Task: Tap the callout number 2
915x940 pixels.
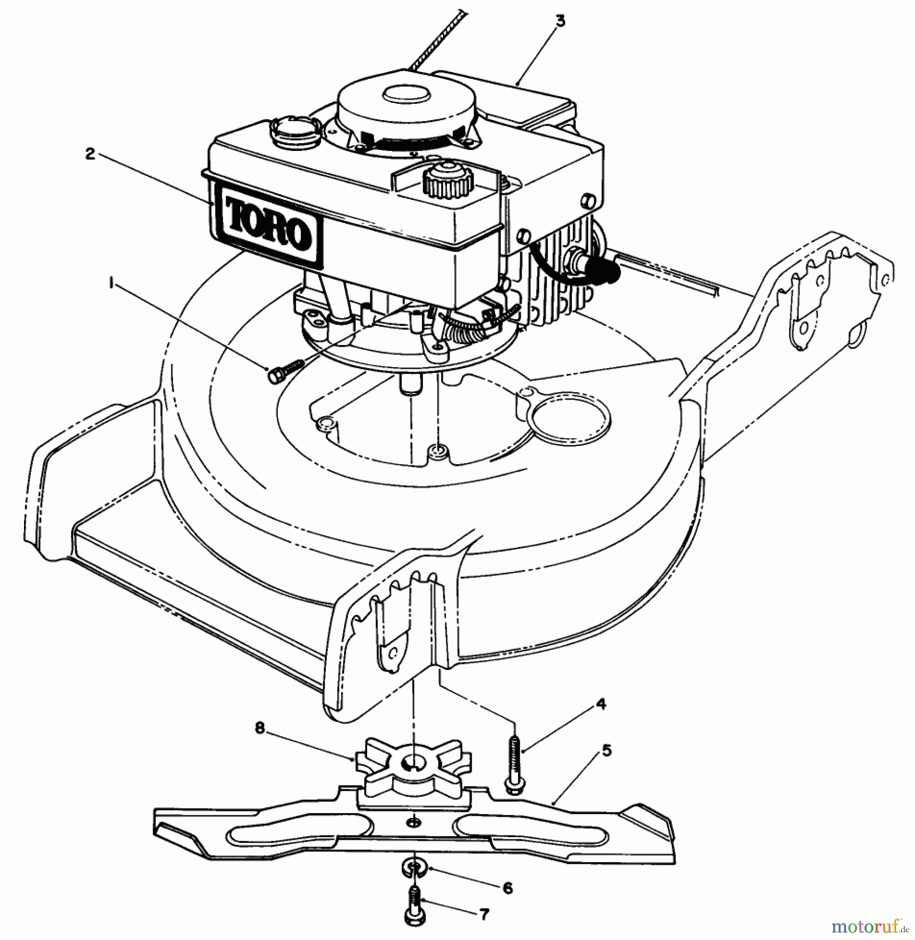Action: pos(90,155)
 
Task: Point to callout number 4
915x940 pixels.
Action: pos(601,703)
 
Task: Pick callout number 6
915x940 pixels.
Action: pos(508,888)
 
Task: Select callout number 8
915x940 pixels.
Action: pos(261,727)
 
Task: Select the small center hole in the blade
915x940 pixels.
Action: pos(414,822)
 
